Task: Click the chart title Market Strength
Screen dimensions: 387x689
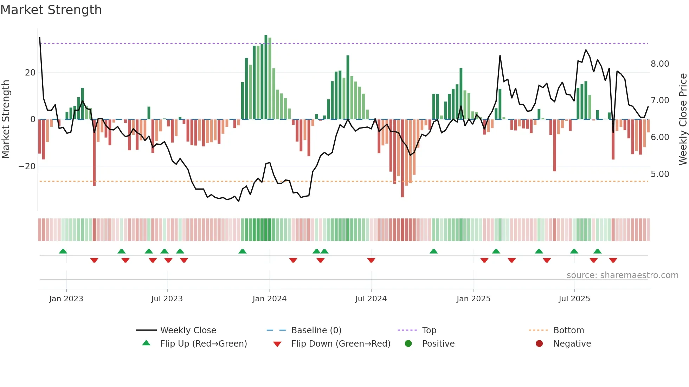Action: (x=51, y=10)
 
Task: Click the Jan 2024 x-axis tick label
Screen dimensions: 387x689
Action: (x=269, y=299)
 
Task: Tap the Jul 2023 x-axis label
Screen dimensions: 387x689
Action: (x=167, y=299)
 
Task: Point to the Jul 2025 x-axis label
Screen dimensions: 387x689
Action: (x=574, y=299)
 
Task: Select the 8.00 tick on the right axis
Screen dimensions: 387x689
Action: (x=659, y=64)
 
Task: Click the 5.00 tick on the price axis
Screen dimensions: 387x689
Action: (x=659, y=174)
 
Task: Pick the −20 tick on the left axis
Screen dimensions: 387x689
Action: (x=27, y=166)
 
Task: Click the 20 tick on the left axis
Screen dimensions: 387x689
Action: (x=30, y=73)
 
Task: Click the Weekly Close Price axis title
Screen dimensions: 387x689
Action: (x=683, y=119)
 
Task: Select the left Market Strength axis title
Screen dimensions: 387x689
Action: (x=6, y=119)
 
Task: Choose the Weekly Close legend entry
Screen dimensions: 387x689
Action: (x=188, y=330)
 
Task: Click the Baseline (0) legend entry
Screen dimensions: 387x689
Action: (x=316, y=330)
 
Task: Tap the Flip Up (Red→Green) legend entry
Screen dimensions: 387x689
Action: (x=203, y=344)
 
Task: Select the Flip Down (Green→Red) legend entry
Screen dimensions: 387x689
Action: (x=340, y=344)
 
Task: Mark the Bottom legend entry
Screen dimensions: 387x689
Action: (x=568, y=330)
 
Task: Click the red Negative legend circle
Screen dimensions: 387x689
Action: (x=539, y=344)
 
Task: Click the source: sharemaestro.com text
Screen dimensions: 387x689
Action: (x=622, y=275)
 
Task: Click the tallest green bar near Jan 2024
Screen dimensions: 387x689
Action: (x=266, y=77)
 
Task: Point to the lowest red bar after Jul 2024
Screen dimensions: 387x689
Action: (x=402, y=158)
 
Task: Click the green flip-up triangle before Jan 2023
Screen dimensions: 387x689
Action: (x=63, y=251)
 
